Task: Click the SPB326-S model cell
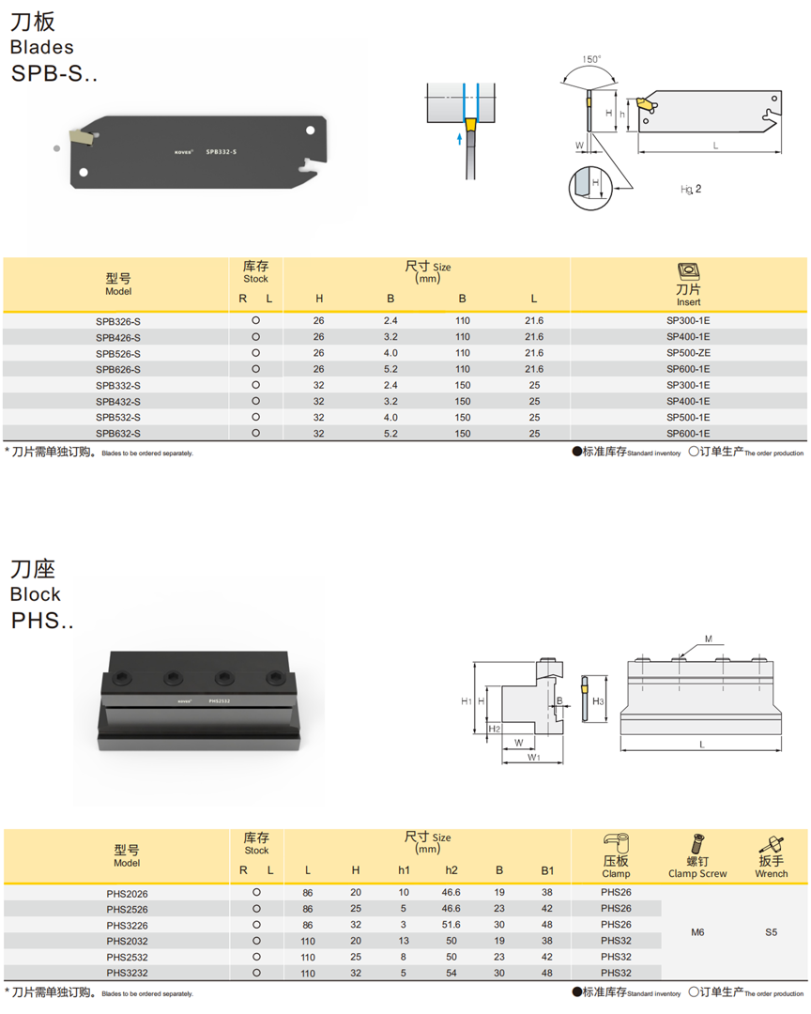coord(118,321)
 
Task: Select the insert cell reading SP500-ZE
coord(688,353)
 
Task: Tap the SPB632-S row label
coord(118,433)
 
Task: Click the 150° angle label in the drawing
coord(591,59)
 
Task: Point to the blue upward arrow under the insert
coord(459,139)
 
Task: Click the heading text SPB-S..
coord(54,73)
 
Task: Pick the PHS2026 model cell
coord(127,893)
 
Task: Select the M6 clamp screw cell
coord(697,932)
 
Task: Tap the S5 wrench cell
coord(771,932)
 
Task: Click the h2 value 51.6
coord(451,925)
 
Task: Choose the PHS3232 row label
coord(127,973)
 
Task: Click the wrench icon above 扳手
coord(771,842)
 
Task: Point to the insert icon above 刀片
coord(688,271)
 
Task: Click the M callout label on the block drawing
coord(709,639)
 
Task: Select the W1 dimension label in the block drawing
coord(533,756)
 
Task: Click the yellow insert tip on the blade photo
coord(83,138)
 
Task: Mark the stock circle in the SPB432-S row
coord(255,401)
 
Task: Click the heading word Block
coord(36,594)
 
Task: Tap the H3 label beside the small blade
coord(598,701)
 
